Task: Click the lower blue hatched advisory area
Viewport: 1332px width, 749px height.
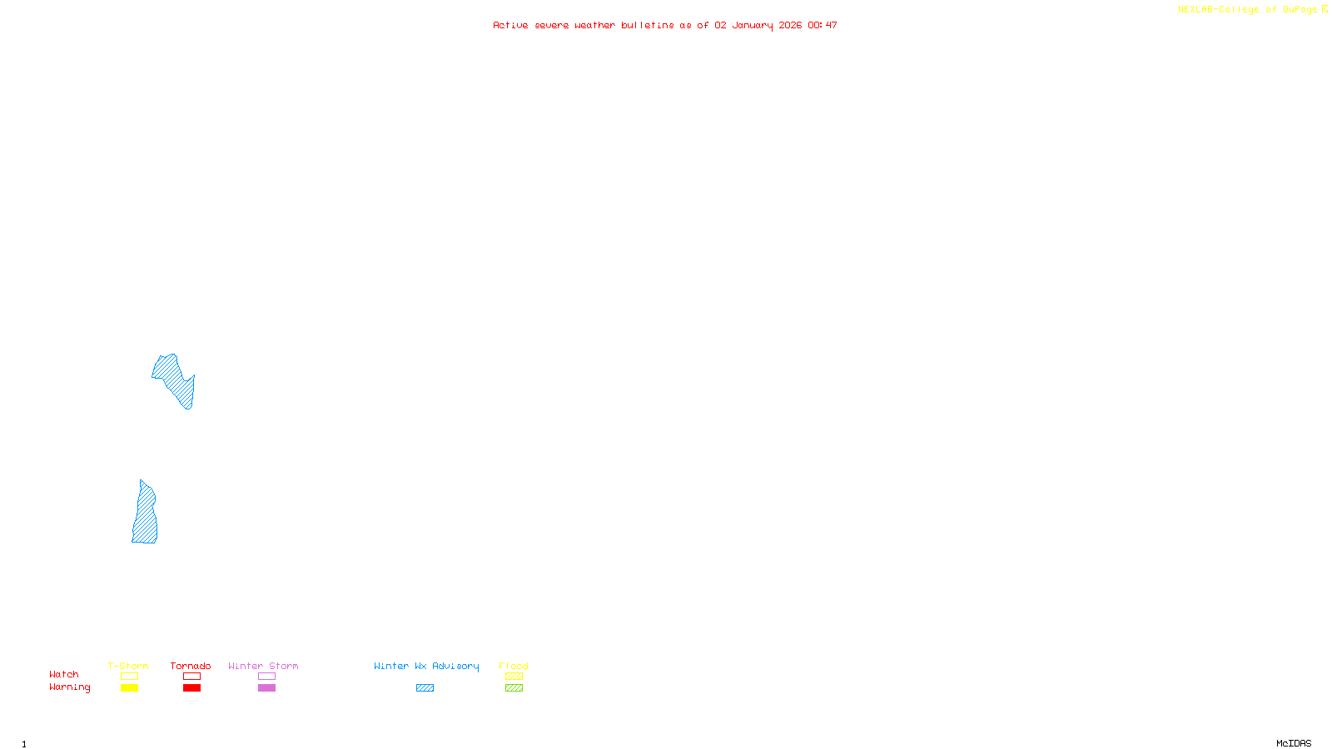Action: point(146,516)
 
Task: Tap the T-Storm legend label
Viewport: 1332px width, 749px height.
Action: point(128,666)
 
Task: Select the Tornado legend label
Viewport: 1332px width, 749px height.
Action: point(191,666)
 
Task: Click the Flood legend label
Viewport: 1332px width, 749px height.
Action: point(514,666)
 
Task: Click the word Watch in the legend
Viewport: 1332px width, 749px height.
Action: point(64,674)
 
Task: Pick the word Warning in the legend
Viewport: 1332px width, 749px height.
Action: point(69,687)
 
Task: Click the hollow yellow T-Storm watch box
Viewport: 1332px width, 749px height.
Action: point(129,677)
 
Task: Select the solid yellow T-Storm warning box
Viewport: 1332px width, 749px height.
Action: point(129,688)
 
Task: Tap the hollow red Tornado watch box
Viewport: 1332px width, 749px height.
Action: point(192,677)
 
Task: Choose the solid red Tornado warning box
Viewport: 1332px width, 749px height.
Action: point(192,688)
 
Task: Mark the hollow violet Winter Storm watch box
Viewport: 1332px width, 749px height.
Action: point(266,677)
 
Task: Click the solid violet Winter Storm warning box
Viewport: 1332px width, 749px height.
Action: point(266,688)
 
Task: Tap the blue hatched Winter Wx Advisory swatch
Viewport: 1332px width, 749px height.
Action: point(425,688)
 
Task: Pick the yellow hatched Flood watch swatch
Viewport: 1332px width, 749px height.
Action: point(514,677)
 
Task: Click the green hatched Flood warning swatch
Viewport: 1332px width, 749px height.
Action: point(514,688)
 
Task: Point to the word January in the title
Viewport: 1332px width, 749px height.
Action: point(753,25)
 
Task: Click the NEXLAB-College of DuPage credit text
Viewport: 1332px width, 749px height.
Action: point(1248,9)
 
